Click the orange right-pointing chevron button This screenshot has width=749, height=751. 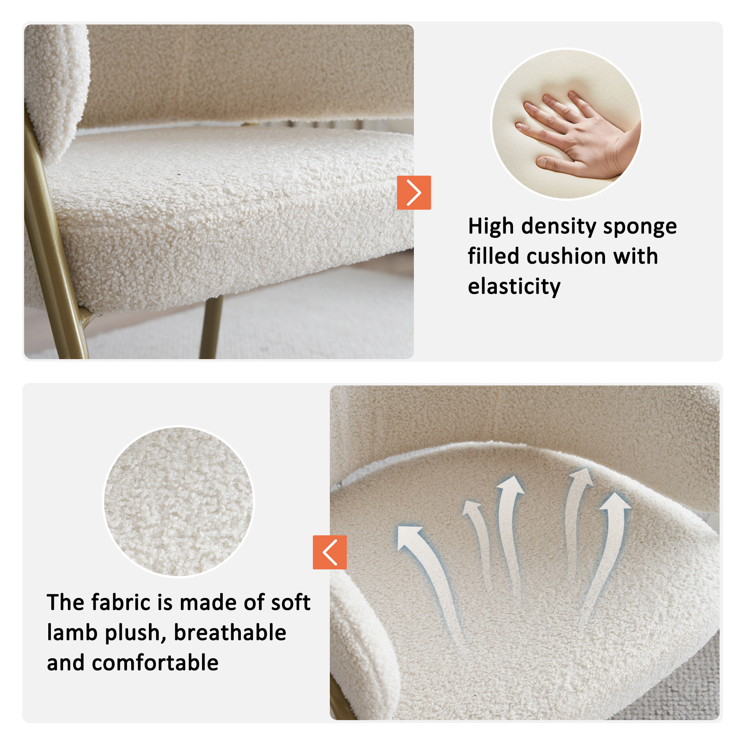pyautogui.click(x=414, y=193)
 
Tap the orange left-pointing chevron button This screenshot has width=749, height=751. pyautogui.click(x=330, y=552)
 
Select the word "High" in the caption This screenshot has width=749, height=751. pyautogui.click(x=491, y=226)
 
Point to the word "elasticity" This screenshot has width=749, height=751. pyautogui.click(x=514, y=287)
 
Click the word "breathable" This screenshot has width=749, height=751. pyautogui.click(x=230, y=632)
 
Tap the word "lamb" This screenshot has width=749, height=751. pyautogui.click(x=72, y=632)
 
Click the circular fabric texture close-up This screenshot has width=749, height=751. pyautogui.click(x=179, y=502)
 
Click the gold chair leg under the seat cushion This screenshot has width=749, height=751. pyautogui.click(x=211, y=327)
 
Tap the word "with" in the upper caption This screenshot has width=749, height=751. pyautogui.click(x=636, y=257)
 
